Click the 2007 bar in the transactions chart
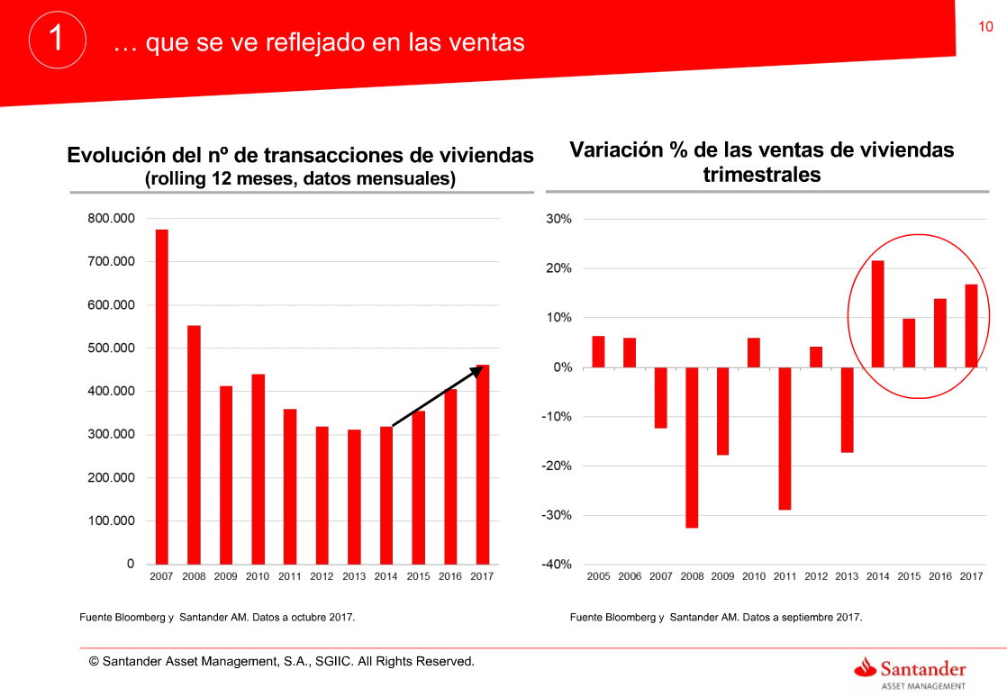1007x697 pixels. click(162, 396)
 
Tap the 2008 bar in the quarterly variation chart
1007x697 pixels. click(692, 447)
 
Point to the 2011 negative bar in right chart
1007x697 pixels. click(785, 439)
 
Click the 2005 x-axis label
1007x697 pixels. click(598, 576)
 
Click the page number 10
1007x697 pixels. click(985, 27)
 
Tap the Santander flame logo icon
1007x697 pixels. click(866, 667)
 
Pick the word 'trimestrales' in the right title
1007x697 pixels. click(762, 175)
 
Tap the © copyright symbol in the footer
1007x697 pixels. click(94, 662)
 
